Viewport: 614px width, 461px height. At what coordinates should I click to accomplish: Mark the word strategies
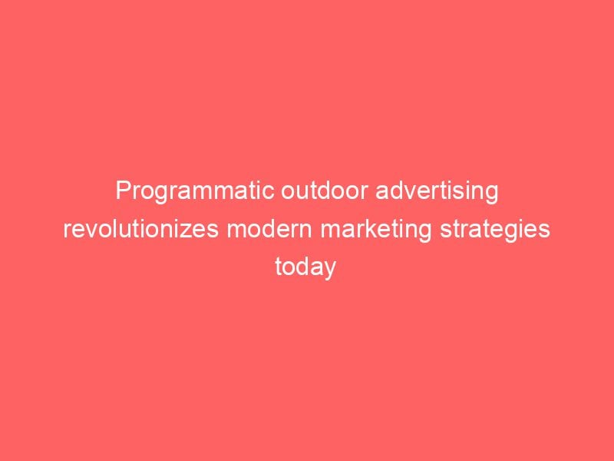tap(494, 229)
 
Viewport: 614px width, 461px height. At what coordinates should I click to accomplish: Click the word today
tap(306, 267)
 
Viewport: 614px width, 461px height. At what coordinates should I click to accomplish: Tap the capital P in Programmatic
tap(123, 191)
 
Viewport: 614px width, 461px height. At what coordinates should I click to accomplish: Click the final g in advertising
tap(492, 193)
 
